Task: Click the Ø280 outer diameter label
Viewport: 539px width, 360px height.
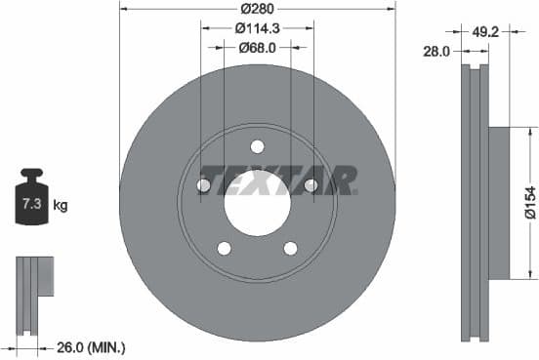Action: coord(258,10)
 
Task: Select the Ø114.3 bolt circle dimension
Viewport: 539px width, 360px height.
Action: coord(257,29)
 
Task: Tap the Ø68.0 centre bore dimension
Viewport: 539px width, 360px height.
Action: coord(257,48)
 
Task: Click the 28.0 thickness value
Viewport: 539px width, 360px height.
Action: coord(436,51)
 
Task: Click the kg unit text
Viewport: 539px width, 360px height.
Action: coord(61,205)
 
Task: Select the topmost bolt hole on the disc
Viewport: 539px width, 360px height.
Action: coord(257,147)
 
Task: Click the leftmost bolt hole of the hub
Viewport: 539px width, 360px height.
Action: coord(205,185)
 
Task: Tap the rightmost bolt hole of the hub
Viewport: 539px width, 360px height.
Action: coord(311,185)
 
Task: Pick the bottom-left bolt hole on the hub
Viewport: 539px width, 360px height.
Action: coord(225,248)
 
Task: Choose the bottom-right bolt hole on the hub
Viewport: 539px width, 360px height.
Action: coord(290,248)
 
